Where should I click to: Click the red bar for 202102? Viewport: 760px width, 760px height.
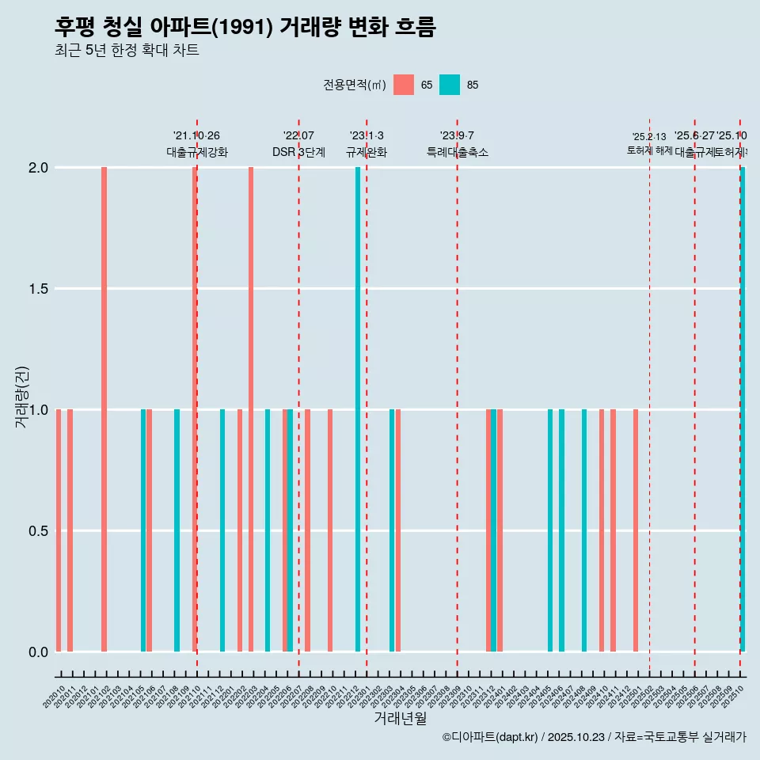[x=104, y=409]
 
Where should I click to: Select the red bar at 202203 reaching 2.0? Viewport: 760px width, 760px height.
[x=251, y=409]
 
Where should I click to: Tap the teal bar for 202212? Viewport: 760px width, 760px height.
[x=358, y=409]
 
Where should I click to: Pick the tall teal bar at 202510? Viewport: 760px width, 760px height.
[x=743, y=409]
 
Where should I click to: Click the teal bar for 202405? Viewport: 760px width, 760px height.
[x=550, y=530]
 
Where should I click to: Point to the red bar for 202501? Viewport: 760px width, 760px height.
[x=636, y=530]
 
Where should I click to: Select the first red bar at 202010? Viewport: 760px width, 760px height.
[x=59, y=530]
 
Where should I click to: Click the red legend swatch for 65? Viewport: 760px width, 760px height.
[x=404, y=85]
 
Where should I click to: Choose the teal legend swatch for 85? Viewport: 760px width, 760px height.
[x=450, y=85]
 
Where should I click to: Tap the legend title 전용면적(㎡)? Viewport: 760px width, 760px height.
[x=354, y=85]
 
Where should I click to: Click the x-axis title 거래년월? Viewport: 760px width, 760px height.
[x=400, y=719]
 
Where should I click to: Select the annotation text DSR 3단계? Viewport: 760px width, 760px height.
[x=298, y=152]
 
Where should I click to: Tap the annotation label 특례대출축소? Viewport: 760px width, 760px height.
[x=457, y=152]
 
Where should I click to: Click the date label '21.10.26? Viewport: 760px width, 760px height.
[x=196, y=135]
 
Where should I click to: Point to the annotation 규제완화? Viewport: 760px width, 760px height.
[x=367, y=152]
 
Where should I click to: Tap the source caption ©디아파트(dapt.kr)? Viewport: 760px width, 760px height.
[x=491, y=737]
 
